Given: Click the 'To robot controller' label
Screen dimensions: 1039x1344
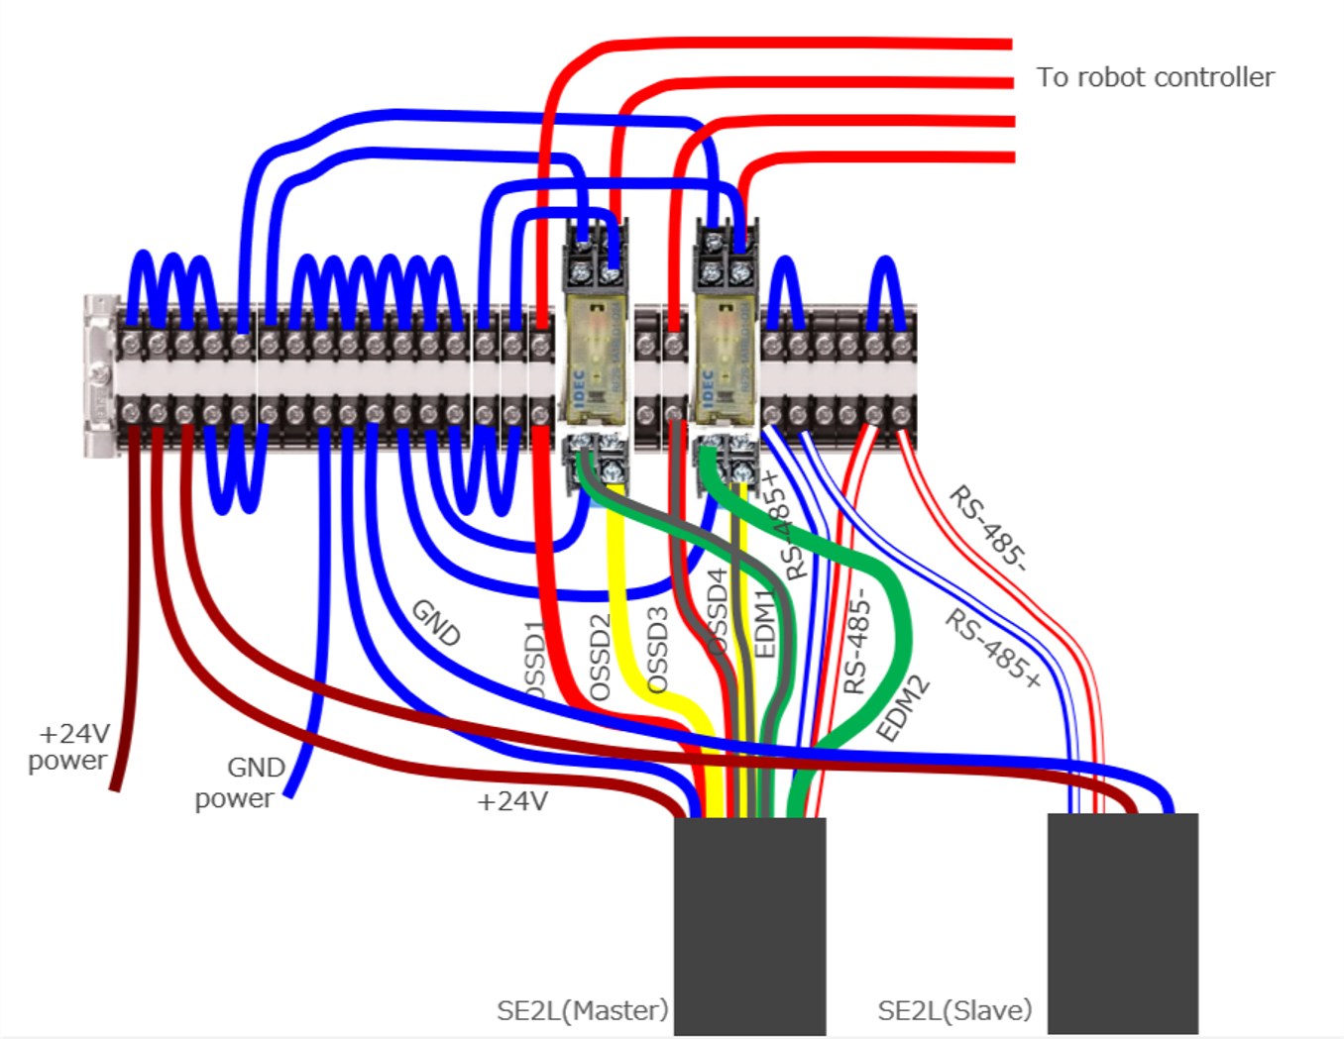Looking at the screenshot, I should [x=1155, y=77].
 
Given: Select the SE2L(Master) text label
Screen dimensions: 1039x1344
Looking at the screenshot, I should [x=582, y=1010].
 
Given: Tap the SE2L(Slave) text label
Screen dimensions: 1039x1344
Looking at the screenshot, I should [x=954, y=1010].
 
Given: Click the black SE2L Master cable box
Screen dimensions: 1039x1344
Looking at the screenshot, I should [x=749, y=926].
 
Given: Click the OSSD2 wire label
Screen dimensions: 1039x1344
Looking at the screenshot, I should [x=600, y=657].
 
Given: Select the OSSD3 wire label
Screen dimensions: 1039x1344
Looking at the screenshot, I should [x=658, y=650].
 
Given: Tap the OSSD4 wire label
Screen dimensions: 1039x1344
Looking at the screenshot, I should [x=717, y=609].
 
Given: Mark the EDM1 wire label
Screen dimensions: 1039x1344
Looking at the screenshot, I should [x=764, y=623].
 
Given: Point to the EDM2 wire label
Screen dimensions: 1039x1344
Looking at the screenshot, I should [x=902, y=707].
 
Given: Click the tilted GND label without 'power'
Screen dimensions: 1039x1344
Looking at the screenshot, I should [x=436, y=622].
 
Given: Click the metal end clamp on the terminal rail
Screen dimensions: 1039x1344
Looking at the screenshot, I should [x=98, y=376].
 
